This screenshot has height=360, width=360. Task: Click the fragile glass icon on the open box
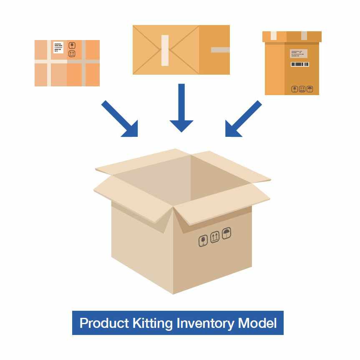pos(203,241)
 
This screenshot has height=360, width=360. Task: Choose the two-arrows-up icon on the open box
pos(215,237)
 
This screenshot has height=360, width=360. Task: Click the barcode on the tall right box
pos(300,64)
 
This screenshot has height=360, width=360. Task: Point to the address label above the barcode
pos(299,53)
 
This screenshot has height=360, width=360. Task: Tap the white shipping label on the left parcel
pos(58,47)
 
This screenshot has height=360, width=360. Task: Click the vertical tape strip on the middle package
pos(165,50)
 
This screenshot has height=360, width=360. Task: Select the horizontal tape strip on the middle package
pos(220,50)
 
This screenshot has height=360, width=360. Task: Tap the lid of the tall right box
pos(292,37)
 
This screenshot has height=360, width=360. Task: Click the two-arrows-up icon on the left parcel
pos(72,54)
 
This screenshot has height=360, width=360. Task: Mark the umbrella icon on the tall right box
pos(310,89)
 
